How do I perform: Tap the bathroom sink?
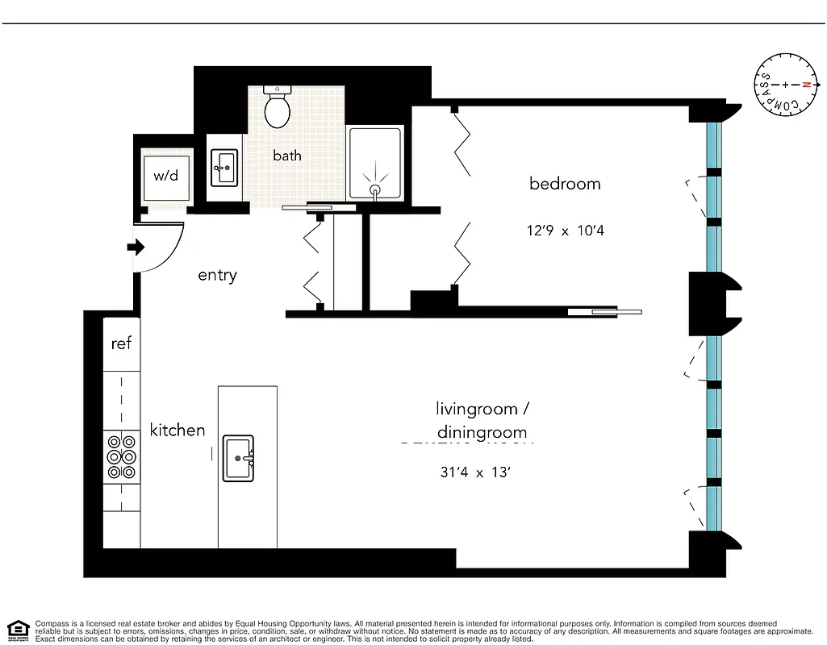[223, 169]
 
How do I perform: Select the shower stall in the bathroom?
[374, 164]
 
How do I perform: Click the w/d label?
[166, 174]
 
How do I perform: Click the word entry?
[217, 276]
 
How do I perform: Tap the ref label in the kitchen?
[121, 344]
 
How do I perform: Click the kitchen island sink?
[239, 458]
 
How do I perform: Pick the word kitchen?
[178, 431]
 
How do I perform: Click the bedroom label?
[565, 184]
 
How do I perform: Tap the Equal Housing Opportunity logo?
[18, 629]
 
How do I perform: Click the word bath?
[286, 155]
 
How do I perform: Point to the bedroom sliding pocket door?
[604, 311]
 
